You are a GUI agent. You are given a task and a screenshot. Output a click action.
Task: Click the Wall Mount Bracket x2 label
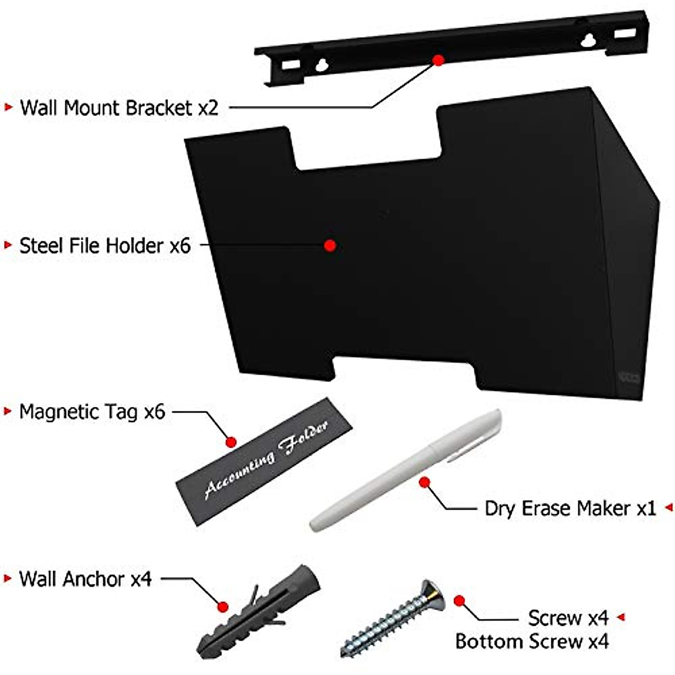[x=118, y=107]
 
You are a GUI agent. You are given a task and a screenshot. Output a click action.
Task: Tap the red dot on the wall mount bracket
[x=439, y=59]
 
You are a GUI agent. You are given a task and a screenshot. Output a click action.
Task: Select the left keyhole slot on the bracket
[x=322, y=65]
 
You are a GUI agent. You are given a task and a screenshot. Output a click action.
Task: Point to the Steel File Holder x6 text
[x=105, y=246]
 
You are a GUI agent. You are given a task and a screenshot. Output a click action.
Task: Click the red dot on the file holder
[x=330, y=245]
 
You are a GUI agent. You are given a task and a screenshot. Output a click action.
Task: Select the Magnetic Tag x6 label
[x=92, y=412]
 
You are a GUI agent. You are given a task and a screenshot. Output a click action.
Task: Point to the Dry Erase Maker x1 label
[x=570, y=508]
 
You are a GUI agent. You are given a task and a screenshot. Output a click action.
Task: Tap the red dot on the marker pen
[x=425, y=481]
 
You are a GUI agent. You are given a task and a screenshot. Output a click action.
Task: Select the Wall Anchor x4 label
[x=85, y=579]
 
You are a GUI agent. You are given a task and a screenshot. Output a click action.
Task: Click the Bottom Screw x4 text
[x=532, y=641]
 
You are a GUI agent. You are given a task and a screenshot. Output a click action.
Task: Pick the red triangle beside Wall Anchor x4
[x=8, y=578]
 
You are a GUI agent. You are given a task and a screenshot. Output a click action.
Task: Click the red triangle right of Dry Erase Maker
[x=669, y=507]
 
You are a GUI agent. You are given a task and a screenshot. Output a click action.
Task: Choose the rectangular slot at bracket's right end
[x=623, y=34]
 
